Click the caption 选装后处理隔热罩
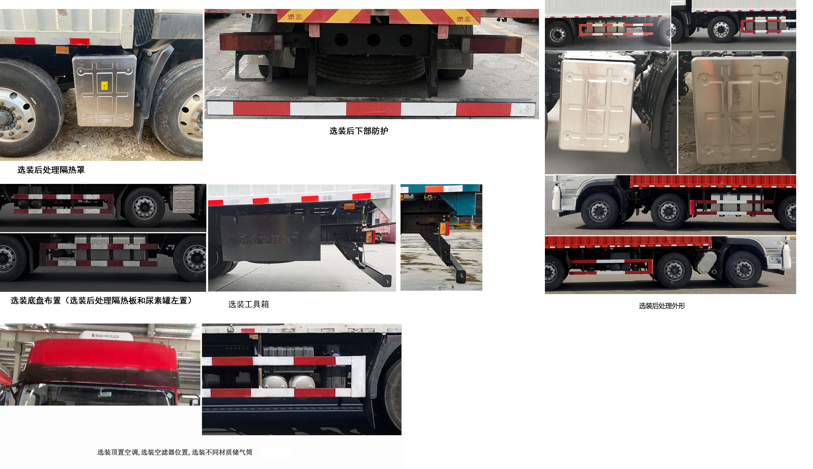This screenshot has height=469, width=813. [x=51, y=170]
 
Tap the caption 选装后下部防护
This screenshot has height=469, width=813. [x=358, y=131]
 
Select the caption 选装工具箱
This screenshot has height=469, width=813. [x=248, y=304]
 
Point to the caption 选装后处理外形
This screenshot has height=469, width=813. [x=662, y=306]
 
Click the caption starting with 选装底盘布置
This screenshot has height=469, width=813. [x=102, y=300]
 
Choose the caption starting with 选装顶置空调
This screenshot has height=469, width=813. [x=175, y=452]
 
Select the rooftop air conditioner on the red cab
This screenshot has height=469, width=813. [x=106, y=335]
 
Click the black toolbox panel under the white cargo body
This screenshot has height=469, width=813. [x=270, y=238]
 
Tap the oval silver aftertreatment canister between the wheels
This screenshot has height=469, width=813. [x=707, y=262]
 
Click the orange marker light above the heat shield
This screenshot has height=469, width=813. [x=62, y=50]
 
